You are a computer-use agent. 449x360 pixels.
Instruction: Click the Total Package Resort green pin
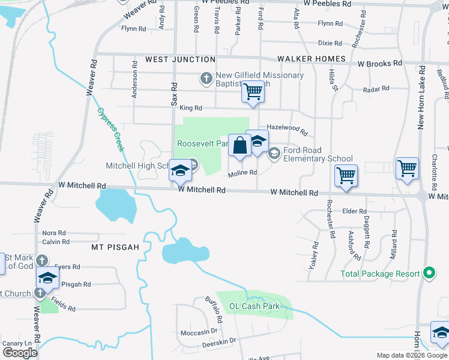click(428, 274)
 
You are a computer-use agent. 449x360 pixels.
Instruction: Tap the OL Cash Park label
click(255, 306)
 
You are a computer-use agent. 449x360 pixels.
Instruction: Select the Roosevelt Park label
click(202, 144)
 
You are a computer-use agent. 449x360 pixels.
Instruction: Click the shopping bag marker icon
click(240, 146)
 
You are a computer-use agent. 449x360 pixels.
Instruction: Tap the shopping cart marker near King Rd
click(253, 92)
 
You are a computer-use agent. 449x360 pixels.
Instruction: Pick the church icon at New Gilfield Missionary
click(206, 77)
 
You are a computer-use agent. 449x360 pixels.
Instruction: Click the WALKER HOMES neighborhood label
click(312, 59)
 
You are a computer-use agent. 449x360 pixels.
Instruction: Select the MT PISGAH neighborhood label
click(115, 247)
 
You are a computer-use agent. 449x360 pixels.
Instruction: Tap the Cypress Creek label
click(110, 130)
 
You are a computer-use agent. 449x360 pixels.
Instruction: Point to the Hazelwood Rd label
click(287, 128)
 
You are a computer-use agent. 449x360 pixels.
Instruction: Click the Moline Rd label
click(243, 173)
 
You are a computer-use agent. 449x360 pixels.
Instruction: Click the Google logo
click(20, 352)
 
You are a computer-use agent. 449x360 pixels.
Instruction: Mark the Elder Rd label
click(354, 211)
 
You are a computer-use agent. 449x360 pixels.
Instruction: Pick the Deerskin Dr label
click(218, 341)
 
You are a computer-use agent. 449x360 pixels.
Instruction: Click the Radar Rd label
click(377, 89)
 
